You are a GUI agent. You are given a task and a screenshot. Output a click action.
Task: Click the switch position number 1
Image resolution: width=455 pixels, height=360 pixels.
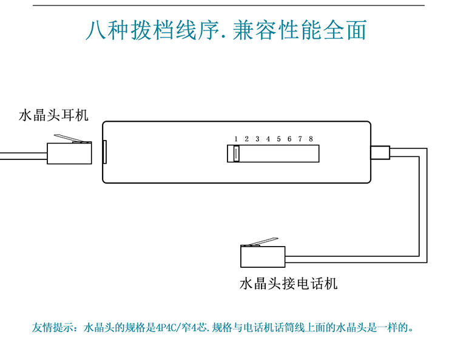(236, 139)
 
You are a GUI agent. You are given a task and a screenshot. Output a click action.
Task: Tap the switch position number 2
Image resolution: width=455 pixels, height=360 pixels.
(247, 139)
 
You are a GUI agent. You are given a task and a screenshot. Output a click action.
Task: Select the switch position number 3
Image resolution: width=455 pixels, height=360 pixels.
(257, 139)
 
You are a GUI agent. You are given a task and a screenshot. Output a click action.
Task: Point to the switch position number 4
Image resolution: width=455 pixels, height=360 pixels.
(268, 139)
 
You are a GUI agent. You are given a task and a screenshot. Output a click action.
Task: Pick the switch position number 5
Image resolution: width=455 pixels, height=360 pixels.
(278, 139)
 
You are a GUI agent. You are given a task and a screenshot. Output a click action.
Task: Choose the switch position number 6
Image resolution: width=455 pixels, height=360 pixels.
(289, 139)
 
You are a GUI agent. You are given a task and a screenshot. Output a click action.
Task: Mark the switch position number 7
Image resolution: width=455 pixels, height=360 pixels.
(300, 139)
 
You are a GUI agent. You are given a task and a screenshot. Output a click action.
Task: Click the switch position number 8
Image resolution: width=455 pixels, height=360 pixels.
(311, 139)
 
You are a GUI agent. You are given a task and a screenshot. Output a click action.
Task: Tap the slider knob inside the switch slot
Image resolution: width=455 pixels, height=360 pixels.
(236, 154)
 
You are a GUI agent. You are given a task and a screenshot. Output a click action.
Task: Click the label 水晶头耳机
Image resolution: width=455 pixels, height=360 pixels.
(54, 115)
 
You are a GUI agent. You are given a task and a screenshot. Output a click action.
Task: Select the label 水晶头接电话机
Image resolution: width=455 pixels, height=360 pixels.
(289, 283)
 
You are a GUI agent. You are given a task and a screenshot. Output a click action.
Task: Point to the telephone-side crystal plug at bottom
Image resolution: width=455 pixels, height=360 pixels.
(262, 256)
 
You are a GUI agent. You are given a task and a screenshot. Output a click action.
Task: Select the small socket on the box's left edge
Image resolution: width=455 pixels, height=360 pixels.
(104, 152)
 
